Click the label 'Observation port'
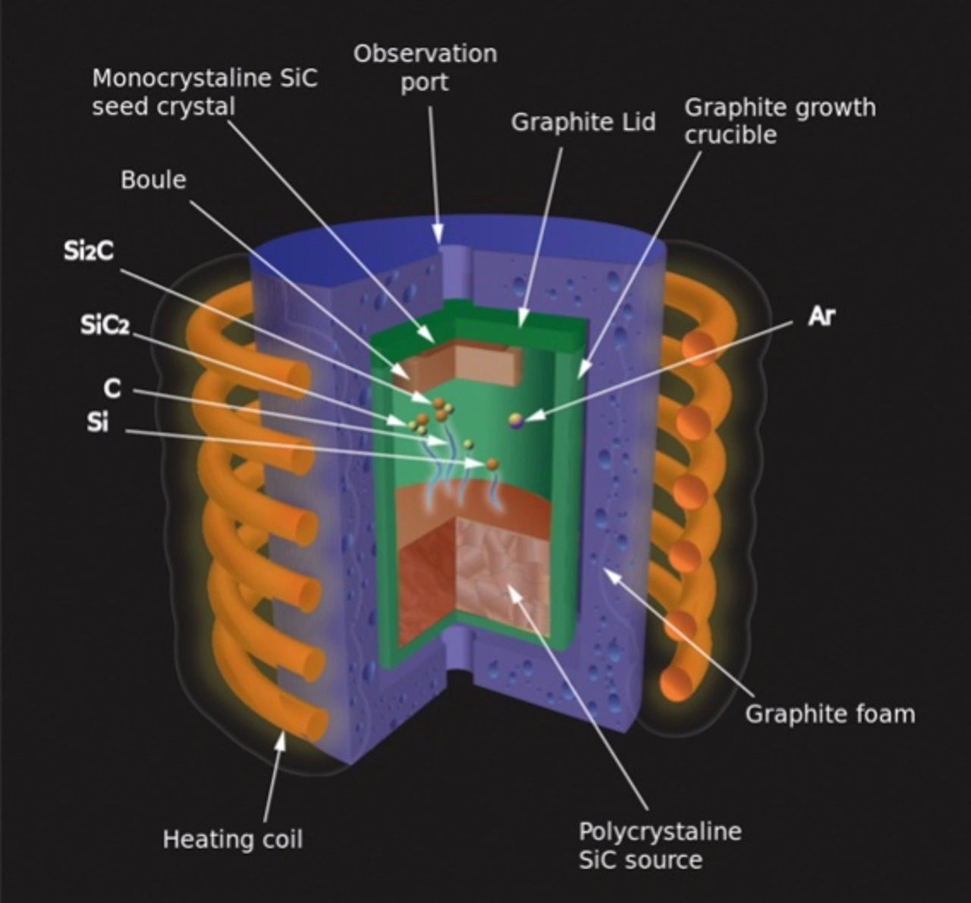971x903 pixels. click(425, 68)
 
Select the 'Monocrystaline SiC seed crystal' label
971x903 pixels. click(204, 92)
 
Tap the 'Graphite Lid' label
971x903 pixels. click(583, 122)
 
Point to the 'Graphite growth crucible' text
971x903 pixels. click(779, 121)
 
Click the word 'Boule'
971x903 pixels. click(153, 180)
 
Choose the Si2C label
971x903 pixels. click(89, 251)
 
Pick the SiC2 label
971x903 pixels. click(105, 326)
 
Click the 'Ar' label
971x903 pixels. click(822, 316)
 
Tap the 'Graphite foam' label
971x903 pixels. click(829, 714)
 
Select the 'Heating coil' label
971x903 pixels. click(233, 839)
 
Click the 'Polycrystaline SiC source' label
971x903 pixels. click(659, 845)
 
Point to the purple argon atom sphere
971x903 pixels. click(517, 420)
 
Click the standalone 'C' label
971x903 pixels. click(112, 389)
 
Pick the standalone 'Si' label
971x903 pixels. click(97, 423)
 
